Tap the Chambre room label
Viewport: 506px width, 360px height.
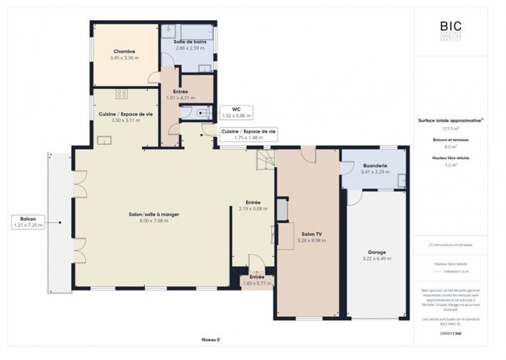[x=126, y=50]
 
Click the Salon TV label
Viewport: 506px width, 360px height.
[x=311, y=235]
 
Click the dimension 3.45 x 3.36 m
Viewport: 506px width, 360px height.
[x=126, y=57]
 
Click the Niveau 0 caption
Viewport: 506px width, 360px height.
[x=210, y=339]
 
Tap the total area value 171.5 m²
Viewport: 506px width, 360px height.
[x=451, y=128]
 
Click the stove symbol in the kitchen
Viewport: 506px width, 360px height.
[x=121, y=94]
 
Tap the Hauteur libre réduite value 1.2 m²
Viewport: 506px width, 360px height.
[x=451, y=165]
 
